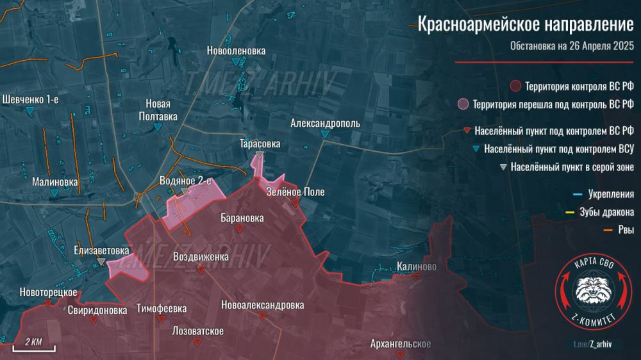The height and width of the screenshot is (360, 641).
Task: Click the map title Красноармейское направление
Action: click(x=526, y=25)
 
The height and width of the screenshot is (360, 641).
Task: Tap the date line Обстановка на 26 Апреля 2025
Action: click(x=572, y=46)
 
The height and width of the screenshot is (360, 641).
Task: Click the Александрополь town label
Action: click(x=325, y=123)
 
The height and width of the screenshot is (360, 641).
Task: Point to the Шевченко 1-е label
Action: click(x=31, y=99)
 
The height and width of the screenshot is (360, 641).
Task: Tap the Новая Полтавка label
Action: click(x=158, y=110)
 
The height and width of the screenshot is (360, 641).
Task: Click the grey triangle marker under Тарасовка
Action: click(x=259, y=156)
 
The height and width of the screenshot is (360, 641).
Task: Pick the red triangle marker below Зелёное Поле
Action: click(x=294, y=203)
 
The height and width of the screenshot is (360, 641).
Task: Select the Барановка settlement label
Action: click(x=242, y=218)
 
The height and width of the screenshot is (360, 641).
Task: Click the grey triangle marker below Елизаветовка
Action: click(x=101, y=262)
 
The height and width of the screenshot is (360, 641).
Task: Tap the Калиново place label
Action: click(x=417, y=266)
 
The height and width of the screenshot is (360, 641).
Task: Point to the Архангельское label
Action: click(x=401, y=344)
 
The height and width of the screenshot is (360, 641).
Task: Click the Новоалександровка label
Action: click(x=262, y=306)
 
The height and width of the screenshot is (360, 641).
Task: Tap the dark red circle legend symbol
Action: click(x=515, y=86)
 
